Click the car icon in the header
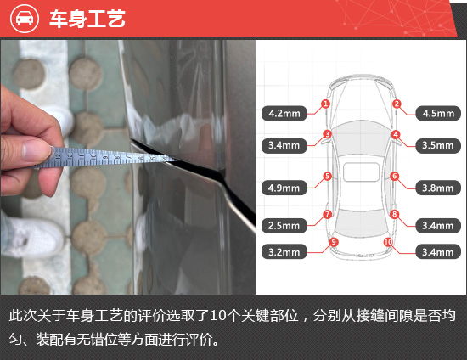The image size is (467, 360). pyautogui.click(x=25, y=18)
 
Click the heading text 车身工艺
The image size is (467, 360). pyautogui.click(x=87, y=19)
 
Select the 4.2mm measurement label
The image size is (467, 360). pyautogui.click(x=284, y=113)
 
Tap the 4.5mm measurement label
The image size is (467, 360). pyautogui.click(x=438, y=113)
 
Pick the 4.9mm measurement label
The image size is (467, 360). pyautogui.click(x=284, y=188)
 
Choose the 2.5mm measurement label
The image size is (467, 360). pyautogui.click(x=284, y=225)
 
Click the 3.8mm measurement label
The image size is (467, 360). pyautogui.click(x=438, y=188)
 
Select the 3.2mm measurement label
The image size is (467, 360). pyautogui.click(x=284, y=252)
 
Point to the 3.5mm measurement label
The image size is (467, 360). pyautogui.click(x=438, y=145)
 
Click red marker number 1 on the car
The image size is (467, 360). pyautogui.click(x=325, y=104)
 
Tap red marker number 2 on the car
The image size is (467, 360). pyautogui.click(x=397, y=104)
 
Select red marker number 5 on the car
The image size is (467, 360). pyautogui.click(x=327, y=176)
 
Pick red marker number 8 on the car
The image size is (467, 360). pyautogui.click(x=394, y=214)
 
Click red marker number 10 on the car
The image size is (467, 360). pyautogui.click(x=388, y=242)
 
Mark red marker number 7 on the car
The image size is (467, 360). pyautogui.click(x=327, y=214)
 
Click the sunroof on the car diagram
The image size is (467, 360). pyautogui.click(x=361, y=172)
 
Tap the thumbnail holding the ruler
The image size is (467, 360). pyautogui.click(x=35, y=149)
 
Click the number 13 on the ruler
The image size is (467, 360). pyautogui.click(x=59, y=155)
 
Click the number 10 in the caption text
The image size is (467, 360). pyautogui.click(x=218, y=315)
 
